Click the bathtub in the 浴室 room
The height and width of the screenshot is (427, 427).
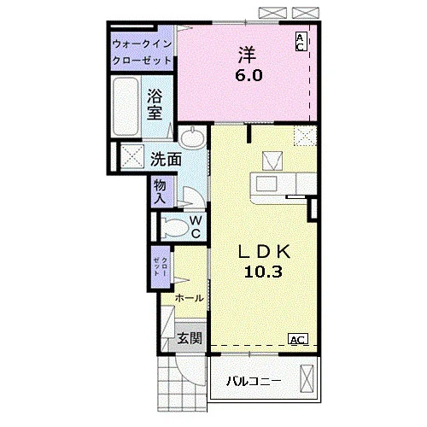click(126, 106)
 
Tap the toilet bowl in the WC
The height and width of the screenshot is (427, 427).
click(174, 227)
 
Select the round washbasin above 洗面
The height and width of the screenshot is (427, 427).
click(192, 137)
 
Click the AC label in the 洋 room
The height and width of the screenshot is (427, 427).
click(301, 42)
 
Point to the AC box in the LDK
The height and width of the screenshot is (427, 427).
click(298, 339)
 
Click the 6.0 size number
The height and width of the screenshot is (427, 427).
click(249, 75)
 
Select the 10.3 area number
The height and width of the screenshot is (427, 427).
click(263, 272)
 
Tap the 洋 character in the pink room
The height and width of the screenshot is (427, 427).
click(248, 55)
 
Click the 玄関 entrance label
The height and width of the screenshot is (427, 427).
click(190, 338)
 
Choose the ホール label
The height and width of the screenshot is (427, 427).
click(190, 298)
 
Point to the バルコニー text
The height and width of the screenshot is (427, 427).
click(254, 381)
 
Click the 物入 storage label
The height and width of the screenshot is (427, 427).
click(160, 191)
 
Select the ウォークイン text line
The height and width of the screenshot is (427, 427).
click(142, 44)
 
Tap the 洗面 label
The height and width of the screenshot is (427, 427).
click(166, 159)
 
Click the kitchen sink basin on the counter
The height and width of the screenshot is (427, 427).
click(266, 184)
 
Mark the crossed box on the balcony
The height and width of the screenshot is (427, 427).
click(307, 378)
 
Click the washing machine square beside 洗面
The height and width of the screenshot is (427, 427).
click(132, 156)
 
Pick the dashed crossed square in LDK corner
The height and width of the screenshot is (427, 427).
click(306, 136)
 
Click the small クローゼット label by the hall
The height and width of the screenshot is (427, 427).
click(161, 266)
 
